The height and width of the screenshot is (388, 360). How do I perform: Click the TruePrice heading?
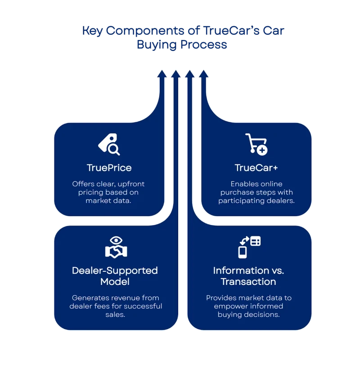pos(109,168)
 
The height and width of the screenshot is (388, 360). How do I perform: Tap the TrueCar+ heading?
pos(256,168)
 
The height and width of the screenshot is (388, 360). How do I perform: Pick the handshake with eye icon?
pos(116,247)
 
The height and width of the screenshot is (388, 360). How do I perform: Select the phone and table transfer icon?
pos(249,247)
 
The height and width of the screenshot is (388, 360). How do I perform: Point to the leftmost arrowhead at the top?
pos(162,73)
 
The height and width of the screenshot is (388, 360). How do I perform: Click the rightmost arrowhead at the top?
pos(204,73)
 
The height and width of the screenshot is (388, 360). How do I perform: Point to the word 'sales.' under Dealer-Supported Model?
pos(116,315)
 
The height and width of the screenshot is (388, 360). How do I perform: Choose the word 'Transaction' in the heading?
pos(248,282)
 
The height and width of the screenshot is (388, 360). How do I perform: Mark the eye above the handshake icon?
pos(116,239)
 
